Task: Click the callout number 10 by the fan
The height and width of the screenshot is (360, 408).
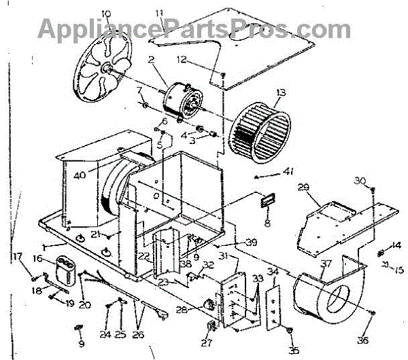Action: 105,14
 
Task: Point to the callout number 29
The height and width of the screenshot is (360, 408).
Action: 303,187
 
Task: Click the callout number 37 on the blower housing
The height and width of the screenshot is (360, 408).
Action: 326,264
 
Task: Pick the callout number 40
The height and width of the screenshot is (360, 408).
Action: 80,175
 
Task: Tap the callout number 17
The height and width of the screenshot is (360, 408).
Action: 17,256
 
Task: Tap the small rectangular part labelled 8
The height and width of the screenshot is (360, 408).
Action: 266,202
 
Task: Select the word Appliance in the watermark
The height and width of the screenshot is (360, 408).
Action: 95,29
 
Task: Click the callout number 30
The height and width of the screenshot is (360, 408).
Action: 360,180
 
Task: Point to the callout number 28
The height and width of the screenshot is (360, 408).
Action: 182,310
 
